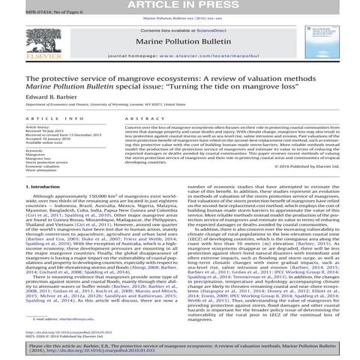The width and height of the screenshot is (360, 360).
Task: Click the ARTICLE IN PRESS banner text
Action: point(180,6)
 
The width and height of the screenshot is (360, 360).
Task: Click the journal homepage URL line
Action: point(179,58)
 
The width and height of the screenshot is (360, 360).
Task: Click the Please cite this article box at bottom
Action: point(180,346)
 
